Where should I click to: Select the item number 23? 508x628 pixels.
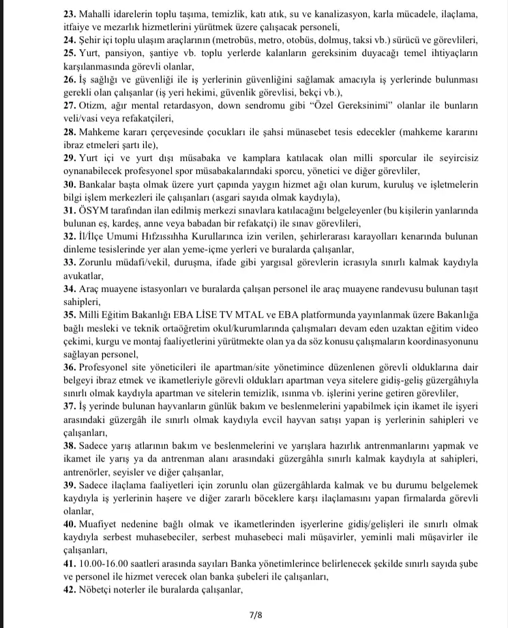(x=70, y=14)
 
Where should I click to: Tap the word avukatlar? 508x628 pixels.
(x=84, y=276)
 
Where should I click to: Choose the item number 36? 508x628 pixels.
(x=70, y=368)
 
